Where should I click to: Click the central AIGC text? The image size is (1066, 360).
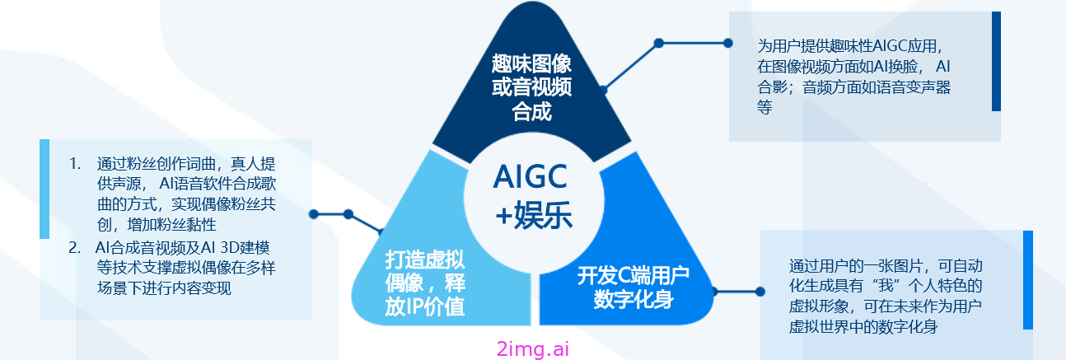(531, 176)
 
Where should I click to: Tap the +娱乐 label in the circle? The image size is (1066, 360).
(534, 216)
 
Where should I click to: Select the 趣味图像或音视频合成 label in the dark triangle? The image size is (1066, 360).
(531, 87)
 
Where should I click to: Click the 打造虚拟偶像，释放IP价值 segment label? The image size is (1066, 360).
(425, 283)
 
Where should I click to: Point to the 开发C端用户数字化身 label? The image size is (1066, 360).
(634, 288)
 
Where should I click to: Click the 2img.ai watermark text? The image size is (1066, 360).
(532, 349)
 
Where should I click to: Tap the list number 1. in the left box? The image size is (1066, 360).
(75, 164)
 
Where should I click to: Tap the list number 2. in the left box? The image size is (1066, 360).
(74, 248)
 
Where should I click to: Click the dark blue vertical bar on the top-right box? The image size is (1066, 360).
(996, 62)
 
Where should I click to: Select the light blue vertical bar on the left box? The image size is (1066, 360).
(44, 189)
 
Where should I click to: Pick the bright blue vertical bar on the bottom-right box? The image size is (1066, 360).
(1028, 280)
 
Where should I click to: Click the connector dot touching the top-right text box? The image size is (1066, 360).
(727, 44)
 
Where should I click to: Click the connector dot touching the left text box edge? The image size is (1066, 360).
(313, 214)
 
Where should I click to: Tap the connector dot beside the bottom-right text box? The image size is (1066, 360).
(760, 292)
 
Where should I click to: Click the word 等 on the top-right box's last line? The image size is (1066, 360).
(764, 108)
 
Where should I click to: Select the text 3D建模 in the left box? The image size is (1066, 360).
(245, 248)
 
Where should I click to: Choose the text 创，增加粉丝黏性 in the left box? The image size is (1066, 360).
(157, 224)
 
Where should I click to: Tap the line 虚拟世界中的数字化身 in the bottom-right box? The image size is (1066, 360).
(863, 327)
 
